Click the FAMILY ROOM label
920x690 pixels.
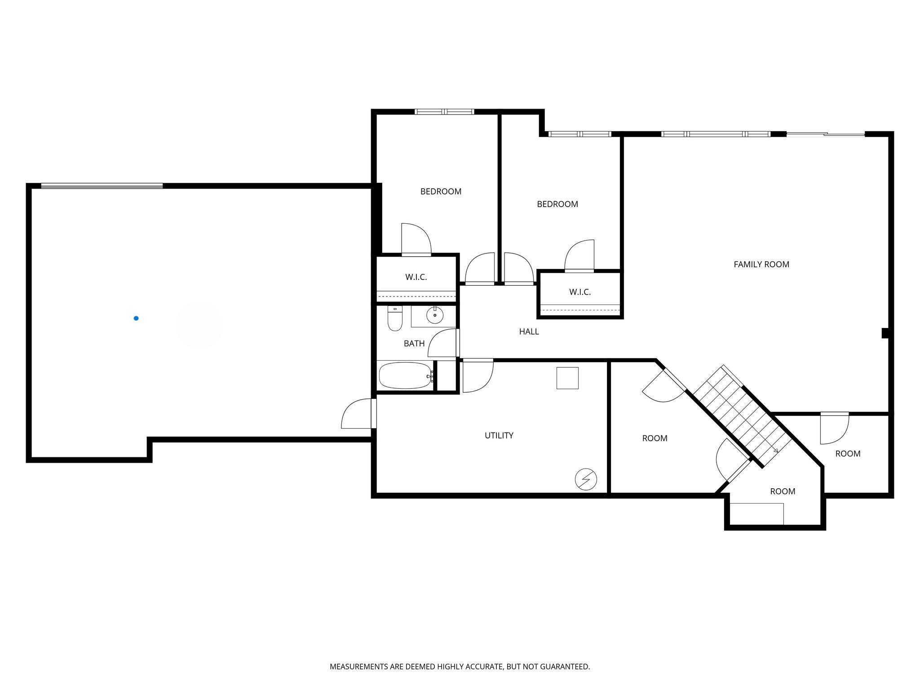[761, 265]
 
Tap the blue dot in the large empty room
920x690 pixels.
[136, 318]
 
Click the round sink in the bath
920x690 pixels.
[434, 315]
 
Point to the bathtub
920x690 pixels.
[405, 376]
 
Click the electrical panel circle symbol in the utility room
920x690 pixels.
[586, 479]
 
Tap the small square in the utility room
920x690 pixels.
[567, 378]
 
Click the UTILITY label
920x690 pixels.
[499, 435]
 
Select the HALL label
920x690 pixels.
[529, 332]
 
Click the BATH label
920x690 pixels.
[414, 344]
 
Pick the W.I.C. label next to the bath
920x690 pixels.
[416, 277]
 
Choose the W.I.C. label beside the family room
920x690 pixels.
[579, 292]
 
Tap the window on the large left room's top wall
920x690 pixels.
[102, 186]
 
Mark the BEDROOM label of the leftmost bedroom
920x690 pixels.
[441, 191]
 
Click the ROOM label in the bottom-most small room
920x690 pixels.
[783, 491]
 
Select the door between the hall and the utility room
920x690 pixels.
[478, 376]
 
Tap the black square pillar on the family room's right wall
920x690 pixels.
[885, 333]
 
